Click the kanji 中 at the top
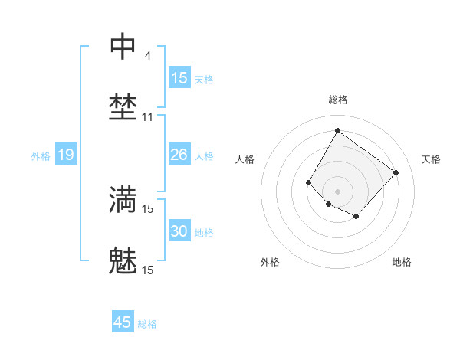click(123, 47)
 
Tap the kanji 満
click(123, 199)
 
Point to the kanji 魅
click(123, 260)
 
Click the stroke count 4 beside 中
click(147, 56)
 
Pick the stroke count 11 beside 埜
click(148, 117)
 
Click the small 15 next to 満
click(148, 208)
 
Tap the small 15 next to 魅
click(148, 270)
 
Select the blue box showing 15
click(179, 78)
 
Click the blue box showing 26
click(179, 155)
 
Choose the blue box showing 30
click(179, 231)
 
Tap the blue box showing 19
click(66, 155)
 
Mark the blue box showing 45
click(123, 322)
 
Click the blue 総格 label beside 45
click(147, 324)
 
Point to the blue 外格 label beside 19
click(41, 156)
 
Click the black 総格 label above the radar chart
click(337, 100)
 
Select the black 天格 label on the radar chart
click(431, 159)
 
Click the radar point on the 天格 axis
click(396, 172)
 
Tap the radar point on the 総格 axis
click(337, 130)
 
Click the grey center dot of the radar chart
click(337, 191)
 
